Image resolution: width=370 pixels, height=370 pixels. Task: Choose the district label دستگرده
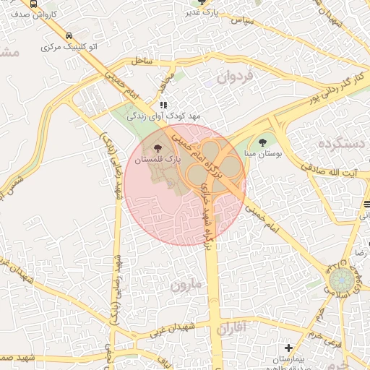pyautogui.click(x=342, y=144)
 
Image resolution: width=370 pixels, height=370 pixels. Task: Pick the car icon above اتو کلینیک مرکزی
pyautogui.click(x=68, y=36)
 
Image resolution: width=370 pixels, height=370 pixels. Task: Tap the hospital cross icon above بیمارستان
pyautogui.click(x=289, y=348)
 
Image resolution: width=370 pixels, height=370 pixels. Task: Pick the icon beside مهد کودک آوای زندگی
pyautogui.click(x=163, y=104)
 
